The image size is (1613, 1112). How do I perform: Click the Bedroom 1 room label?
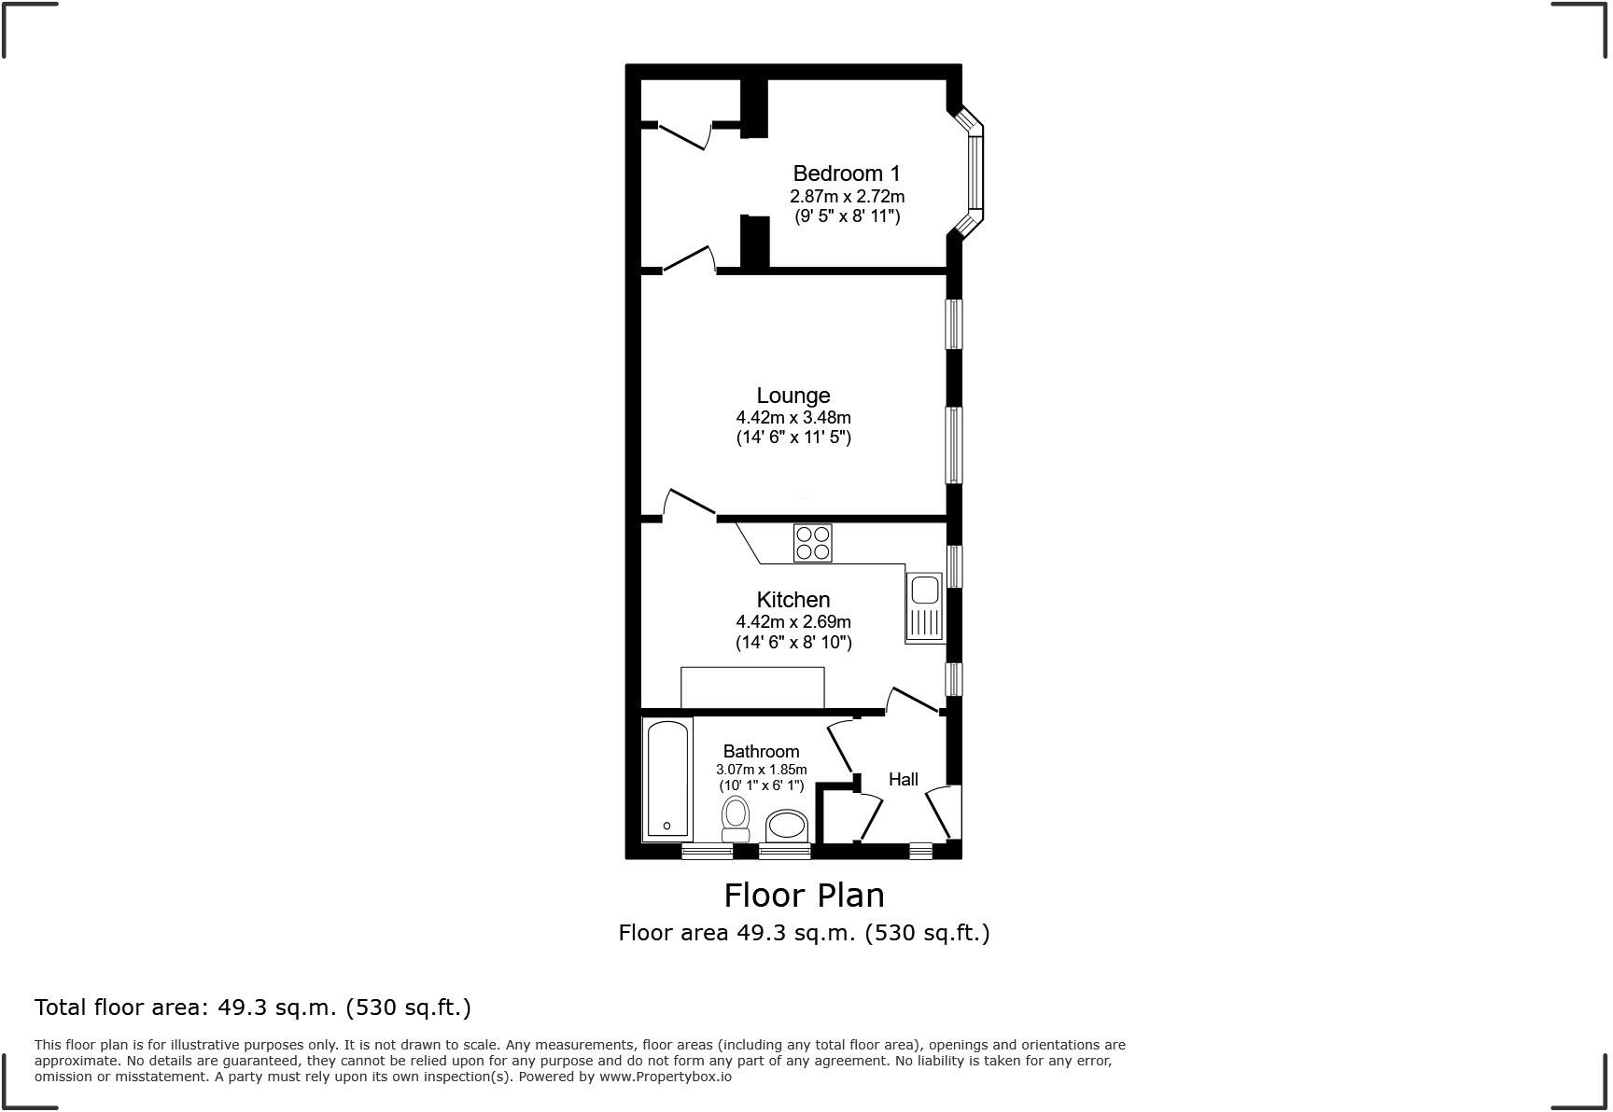click(x=847, y=174)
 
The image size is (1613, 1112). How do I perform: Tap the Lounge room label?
click(x=792, y=396)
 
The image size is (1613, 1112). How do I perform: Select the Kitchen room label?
click(x=792, y=600)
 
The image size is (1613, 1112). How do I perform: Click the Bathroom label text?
click(x=761, y=752)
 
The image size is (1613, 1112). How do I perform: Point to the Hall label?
click(x=903, y=780)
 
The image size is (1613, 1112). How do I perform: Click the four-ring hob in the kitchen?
click(x=812, y=543)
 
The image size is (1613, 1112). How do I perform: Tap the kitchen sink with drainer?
click(x=924, y=607)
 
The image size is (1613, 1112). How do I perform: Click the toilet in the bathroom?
click(x=736, y=818)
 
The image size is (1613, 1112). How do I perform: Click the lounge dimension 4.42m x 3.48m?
click(x=792, y=418)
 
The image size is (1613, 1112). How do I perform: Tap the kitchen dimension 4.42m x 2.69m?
click(x=792, y=622)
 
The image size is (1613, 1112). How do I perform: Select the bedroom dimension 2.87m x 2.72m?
click(x=847, y=197)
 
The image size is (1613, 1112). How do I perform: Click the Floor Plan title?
click(x=804, y=896)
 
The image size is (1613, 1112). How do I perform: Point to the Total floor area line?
click(x=252, y=1008)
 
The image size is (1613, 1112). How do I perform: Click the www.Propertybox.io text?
click(x=665, y=1077)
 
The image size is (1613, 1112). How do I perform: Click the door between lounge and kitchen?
click(x=689, y=503)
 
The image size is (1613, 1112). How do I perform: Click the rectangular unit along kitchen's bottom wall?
click(x=752, y=688)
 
